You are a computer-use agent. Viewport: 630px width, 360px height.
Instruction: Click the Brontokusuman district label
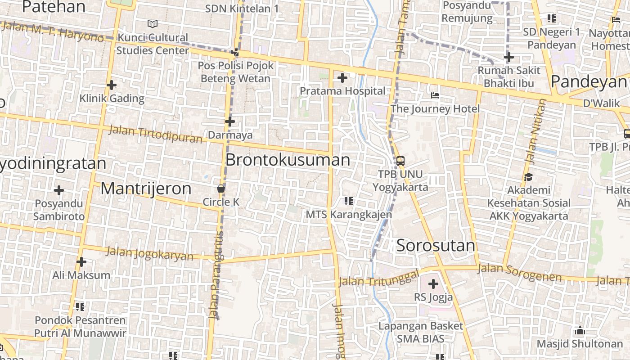pos(288,160)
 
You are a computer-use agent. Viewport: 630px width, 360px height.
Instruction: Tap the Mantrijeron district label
pos(146,189)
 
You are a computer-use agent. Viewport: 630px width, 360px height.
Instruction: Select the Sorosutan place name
pos(436,246)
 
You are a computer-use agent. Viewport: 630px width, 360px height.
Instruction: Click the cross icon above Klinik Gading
pos(112,85)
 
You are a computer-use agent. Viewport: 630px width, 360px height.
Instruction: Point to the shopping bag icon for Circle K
pos(221,188)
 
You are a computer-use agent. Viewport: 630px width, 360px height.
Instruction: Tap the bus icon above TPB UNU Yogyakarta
pos(400,161)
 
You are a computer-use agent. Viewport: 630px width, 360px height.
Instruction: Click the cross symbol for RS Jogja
pos(433,284)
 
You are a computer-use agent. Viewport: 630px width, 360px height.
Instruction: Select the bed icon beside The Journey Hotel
pos(435,95)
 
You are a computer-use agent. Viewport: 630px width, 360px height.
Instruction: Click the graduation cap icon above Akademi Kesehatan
pos(528,177)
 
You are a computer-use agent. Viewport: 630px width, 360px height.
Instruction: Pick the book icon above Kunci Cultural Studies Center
pos(153,24)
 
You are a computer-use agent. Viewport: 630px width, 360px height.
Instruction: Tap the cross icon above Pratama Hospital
pos(342,78)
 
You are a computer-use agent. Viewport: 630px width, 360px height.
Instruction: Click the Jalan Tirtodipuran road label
pos(156,134)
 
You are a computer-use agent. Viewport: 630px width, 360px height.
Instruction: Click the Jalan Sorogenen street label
pos(519,273)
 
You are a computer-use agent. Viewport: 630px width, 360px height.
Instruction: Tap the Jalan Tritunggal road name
pos(378,278)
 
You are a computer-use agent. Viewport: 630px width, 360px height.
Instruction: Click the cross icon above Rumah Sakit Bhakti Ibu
pos(509,57)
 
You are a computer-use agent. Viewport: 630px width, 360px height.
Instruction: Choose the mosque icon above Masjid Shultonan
pos(580,331)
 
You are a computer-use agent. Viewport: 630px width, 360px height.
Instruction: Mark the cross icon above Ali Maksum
pos(81,261)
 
